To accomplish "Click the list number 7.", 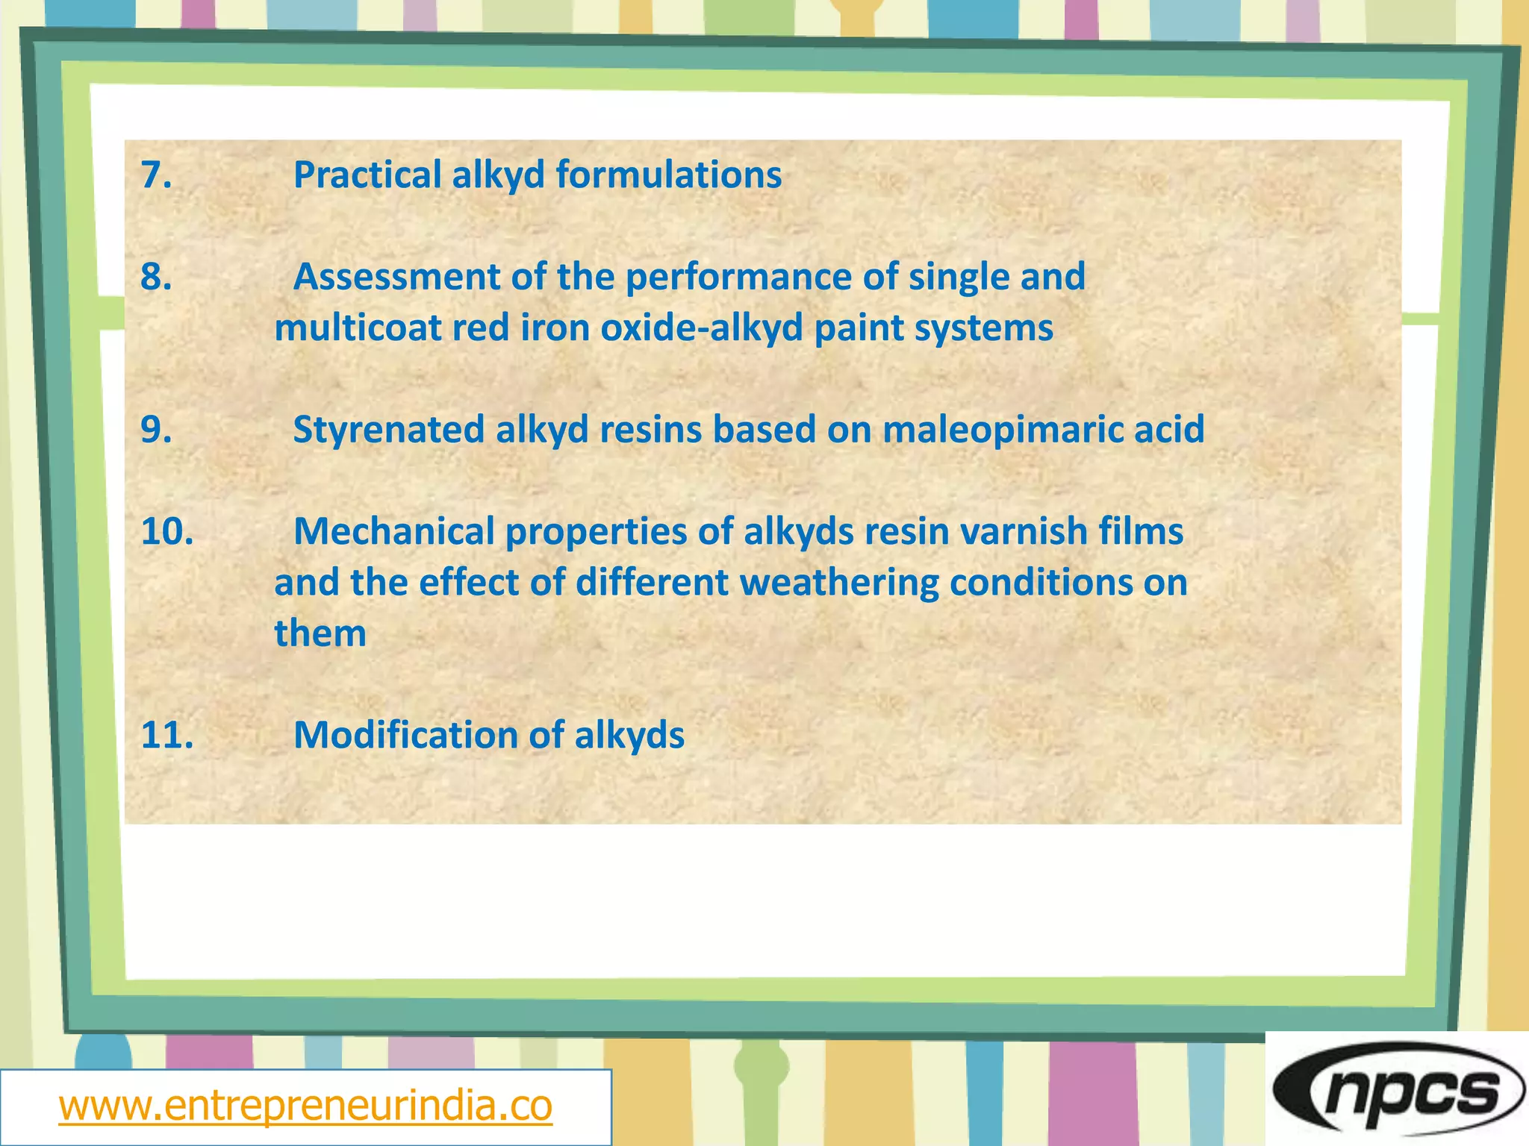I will pyautogui.click(x=156, y=175).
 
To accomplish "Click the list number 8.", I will pyautogui.click(x=156, y=278).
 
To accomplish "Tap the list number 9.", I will pyautogui.click(x=156, y=430).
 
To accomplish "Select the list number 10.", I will pyautogui.click(x=167, y=532).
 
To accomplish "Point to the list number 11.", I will pyautogui.click(x=167, y=736).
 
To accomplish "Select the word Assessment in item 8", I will pyautogui.click(x=396, y=278).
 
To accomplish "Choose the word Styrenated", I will pyautogui.click(x=388, y=430).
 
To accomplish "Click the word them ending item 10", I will pyautogui.click(x=320, y=633).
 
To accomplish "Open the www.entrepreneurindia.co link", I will pyautogui.click(x=305, y=1106).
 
